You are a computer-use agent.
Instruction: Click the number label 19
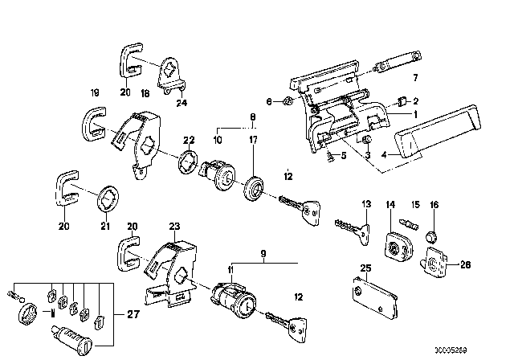pos(94,93)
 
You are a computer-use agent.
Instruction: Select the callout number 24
pos(181,102)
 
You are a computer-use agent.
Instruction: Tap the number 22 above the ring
pos(188,140)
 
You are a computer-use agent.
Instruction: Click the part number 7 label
pos(415,79)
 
